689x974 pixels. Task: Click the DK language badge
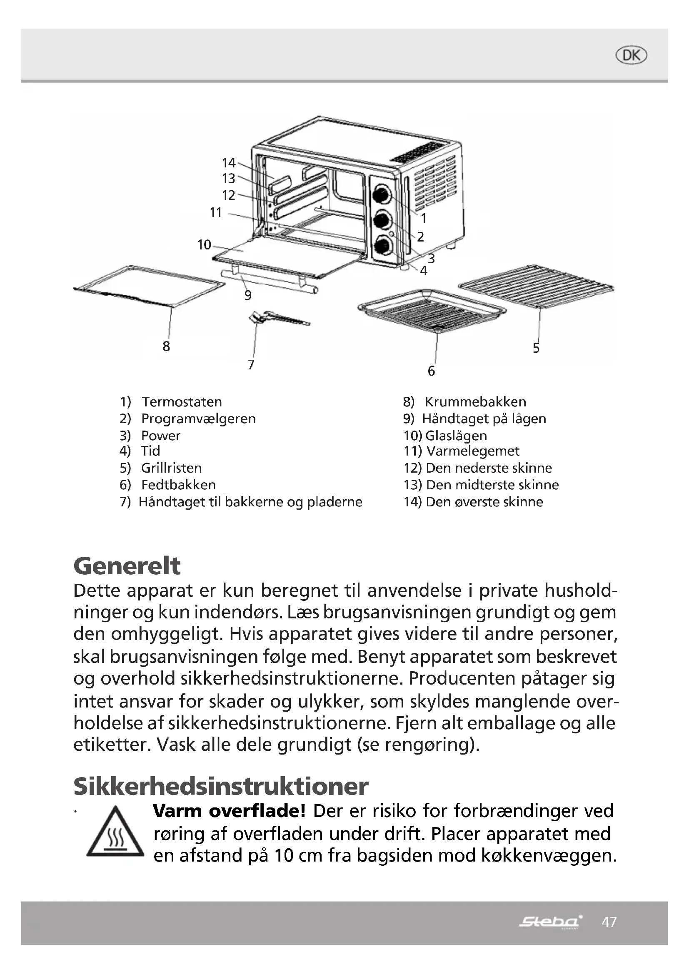[x=631, y=55]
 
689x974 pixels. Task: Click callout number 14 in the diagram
[x=229, y=163]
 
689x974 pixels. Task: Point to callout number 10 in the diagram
[x=204, y=245]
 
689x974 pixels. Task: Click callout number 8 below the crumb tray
[x=166, y=346]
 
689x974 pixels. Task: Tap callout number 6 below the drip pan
[x=431, y=371]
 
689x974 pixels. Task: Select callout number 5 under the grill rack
[x=536, y=348]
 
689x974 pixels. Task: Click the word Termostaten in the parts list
[x=182, y=402]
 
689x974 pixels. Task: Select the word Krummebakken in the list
[x=475, y=402]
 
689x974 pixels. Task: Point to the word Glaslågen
[x=456, y=436]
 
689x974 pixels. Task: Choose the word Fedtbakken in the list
[x=178, y=485]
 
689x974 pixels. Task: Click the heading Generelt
[x=127, y=566]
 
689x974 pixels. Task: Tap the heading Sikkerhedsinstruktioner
[x=221, y=787]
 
